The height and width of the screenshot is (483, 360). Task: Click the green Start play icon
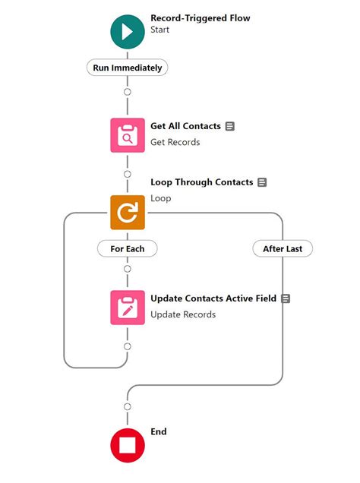click(127, 30)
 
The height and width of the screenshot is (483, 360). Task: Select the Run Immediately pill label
click(127, 68)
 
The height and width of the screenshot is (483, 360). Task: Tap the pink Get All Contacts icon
click(127, 134)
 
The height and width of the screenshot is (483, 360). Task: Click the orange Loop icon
click(127, 212)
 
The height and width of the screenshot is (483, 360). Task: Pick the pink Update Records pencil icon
click(127, 307)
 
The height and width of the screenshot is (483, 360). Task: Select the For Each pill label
click(127, 248)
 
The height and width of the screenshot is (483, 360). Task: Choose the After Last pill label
click(283, 248)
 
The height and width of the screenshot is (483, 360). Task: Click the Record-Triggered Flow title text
click(200, 17)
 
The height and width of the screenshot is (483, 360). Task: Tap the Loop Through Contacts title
click(201, 182)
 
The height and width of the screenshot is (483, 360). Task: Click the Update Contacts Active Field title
click(213, 298)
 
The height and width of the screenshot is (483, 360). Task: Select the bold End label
click(158, 431)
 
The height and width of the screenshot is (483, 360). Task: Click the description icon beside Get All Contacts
click(230, 126)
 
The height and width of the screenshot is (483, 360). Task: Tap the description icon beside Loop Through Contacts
click(262, 182)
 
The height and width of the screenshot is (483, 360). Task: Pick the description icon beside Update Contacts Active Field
click(286, 298)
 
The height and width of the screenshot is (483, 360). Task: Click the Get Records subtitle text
click(175, 142)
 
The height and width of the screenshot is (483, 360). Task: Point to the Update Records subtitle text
click(183, 314)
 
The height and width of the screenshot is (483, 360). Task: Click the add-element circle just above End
click(127, 407)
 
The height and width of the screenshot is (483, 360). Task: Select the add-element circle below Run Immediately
click(127, 91)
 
